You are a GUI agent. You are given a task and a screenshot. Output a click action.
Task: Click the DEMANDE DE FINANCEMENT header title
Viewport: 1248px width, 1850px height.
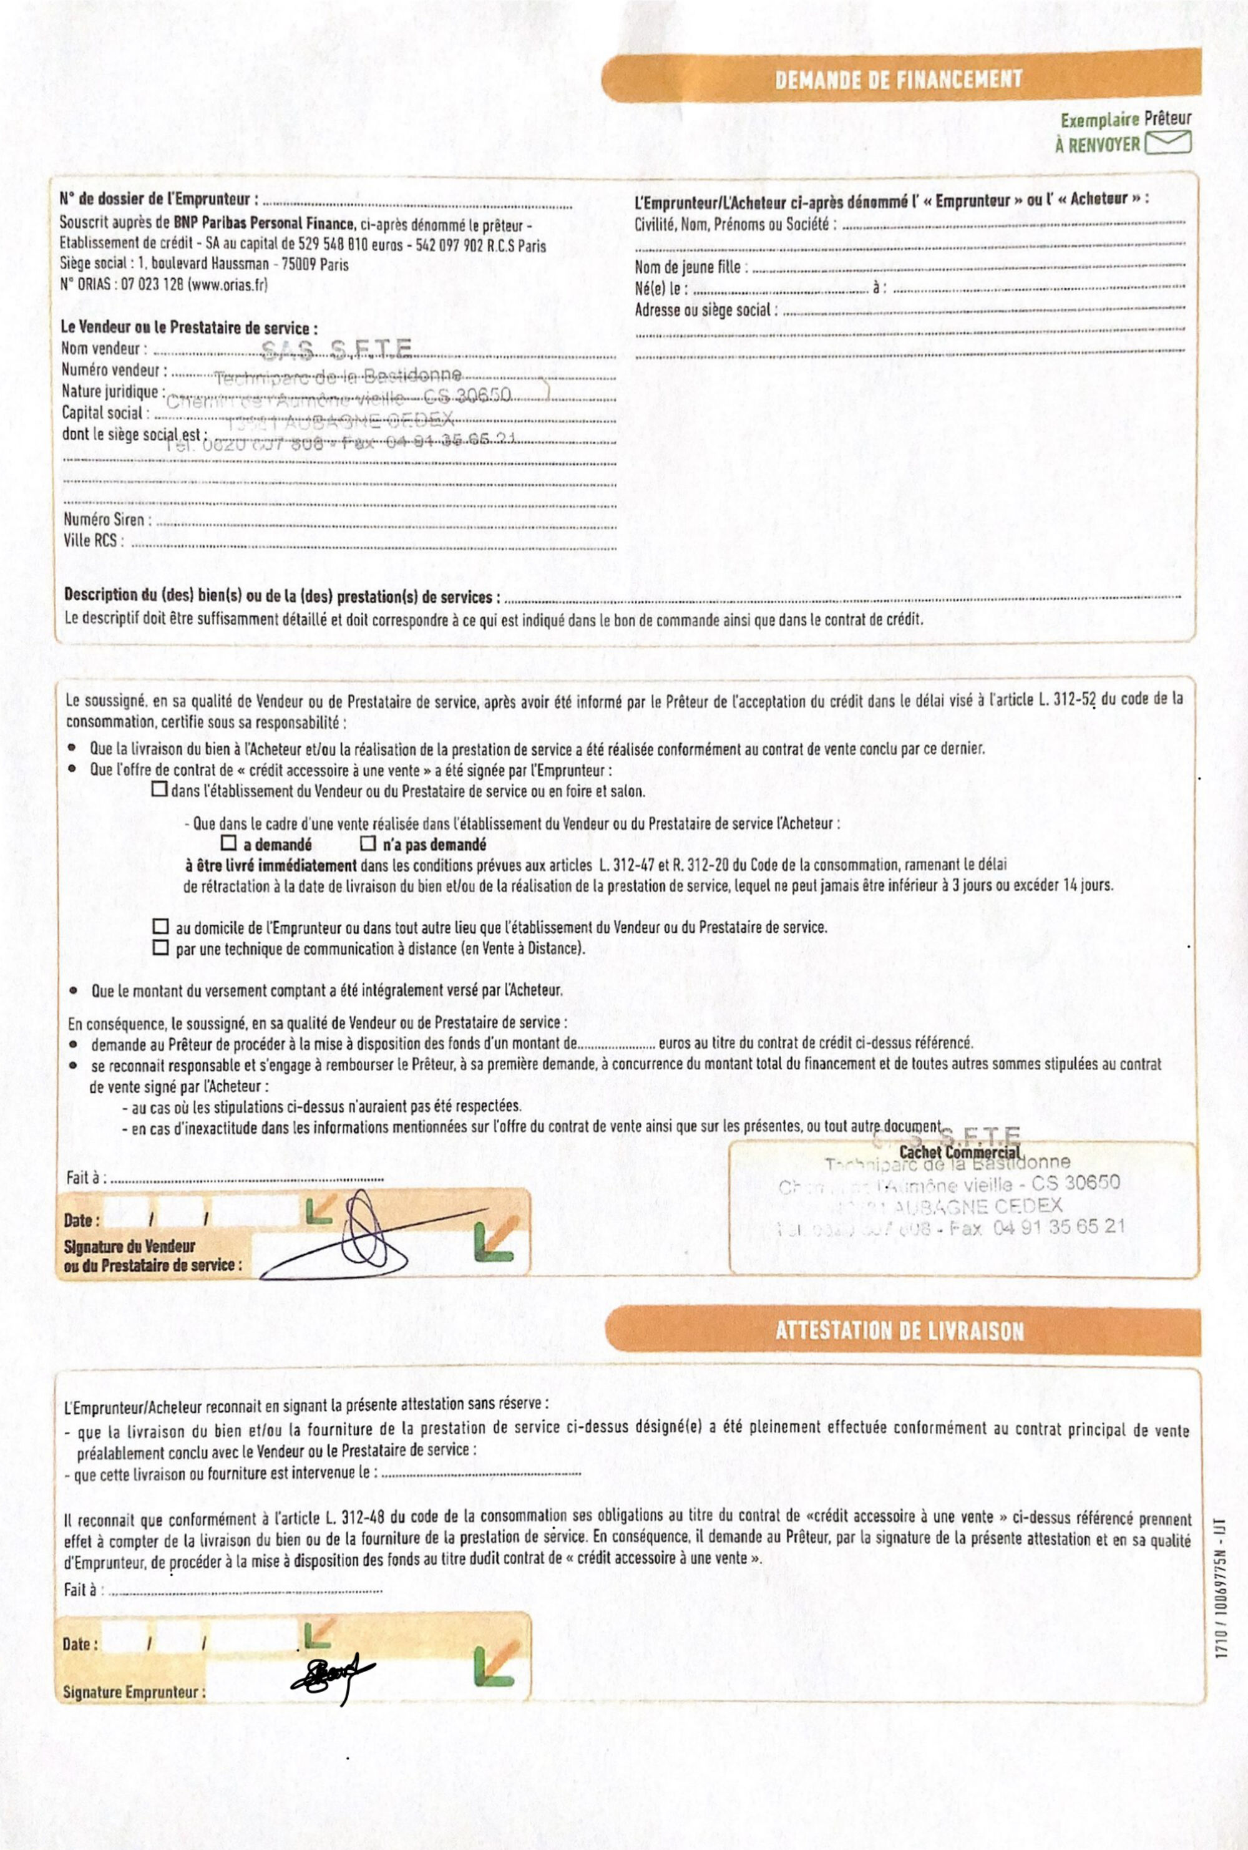[898, 80]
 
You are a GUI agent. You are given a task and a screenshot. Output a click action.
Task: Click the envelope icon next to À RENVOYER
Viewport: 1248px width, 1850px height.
[1168, 144]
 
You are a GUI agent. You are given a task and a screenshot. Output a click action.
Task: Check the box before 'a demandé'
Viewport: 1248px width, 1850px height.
[229, 843]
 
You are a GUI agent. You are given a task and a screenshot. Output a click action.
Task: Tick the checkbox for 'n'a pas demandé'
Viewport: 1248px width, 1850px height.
[369, 843]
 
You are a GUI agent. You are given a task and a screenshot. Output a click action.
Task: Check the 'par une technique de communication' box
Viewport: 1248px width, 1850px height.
[161, 948]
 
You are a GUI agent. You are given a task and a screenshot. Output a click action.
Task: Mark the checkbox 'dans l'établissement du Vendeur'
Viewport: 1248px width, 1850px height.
[160, 789]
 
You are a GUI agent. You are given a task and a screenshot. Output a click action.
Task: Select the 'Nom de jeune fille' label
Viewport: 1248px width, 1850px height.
[690, 267]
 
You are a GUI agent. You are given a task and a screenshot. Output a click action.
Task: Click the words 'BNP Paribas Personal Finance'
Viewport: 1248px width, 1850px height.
[264, 223]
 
